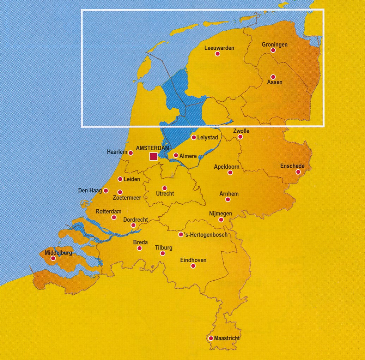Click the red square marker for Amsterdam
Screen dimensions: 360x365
[x=153, y=156]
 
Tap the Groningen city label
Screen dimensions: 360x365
[x=274, y=44]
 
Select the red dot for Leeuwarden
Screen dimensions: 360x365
[x=218, y=54]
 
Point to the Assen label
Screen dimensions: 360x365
[x=275, y=83]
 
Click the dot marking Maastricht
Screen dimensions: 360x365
[x=211, y=338]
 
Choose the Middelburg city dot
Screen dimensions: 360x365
[x=53, y=258]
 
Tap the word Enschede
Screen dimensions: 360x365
[x=292, y=166]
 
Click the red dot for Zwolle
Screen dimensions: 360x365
[x=240, y=137]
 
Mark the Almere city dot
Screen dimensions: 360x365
[x=176, y=155]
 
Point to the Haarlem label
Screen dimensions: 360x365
[x=117, y=152]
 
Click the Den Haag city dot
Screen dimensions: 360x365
[x=106, y=191]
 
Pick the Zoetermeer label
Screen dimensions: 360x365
[x=127, y=198]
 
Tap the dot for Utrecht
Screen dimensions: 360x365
[x=164, y=188]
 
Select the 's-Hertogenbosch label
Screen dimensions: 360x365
[x=206, y=235]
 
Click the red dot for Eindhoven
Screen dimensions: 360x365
[x=193, y=266]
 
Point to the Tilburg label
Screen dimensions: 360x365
[x=164, y=248]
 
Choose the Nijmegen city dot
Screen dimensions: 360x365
[x=221, y=220]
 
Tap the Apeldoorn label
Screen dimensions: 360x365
[x=227, y=167]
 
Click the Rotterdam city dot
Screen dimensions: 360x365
[x=114, y=217]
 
